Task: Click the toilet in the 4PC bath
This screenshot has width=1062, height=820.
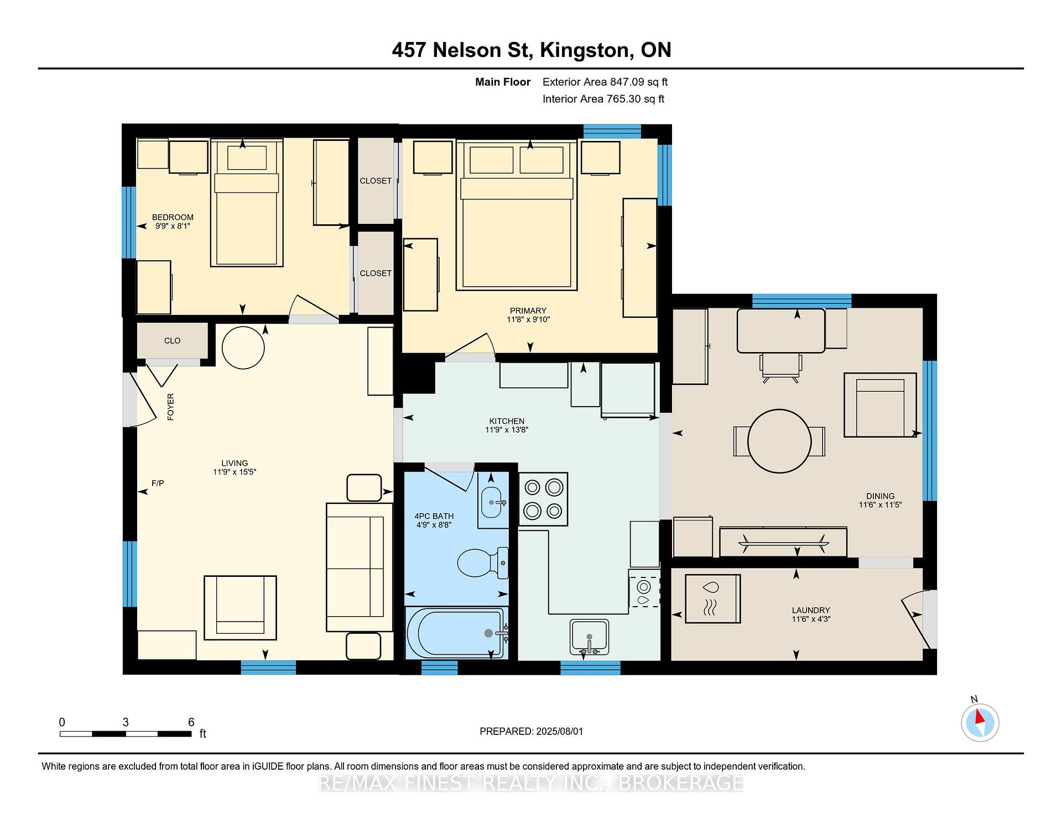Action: [483, 563]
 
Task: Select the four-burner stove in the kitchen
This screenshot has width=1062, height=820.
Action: [543, 499]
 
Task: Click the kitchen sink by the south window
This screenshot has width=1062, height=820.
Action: [589, 638]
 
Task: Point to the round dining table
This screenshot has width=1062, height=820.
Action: [779, 441]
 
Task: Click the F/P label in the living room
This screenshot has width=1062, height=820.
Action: [158, 483]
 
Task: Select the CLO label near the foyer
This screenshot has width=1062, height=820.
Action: [172, 341]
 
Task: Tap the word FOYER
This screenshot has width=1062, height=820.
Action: [170, 407]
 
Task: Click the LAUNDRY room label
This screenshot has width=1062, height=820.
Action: [811, 611]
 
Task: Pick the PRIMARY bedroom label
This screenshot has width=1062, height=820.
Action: [528, 311]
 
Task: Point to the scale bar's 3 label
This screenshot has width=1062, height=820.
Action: [126, 722]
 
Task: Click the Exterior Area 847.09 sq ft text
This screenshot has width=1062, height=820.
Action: [605, 82]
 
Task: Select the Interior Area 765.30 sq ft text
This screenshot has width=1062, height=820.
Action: [603, 99]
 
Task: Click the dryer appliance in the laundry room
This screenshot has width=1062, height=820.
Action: [712, 599]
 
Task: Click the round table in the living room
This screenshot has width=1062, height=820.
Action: [243, 347]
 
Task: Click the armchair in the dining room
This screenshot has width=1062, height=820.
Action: [879, 405]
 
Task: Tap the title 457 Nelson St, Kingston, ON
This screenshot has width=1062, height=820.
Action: [532, 50]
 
